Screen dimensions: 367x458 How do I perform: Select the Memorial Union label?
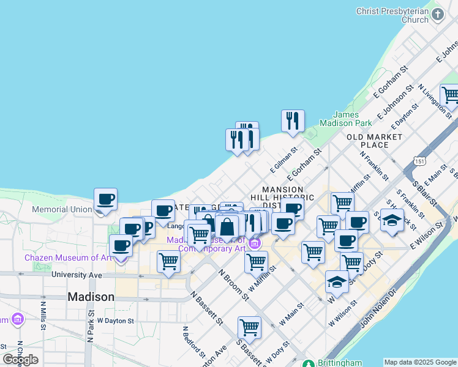pyautogui.click(x=62, y=209)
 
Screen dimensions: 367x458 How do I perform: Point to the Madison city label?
pyautogui.click(x=91, y=297)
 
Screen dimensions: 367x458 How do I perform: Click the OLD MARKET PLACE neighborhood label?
pyautogui.click(x=375, y=141)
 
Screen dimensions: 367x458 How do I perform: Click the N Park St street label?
pyautogui.click(x=90, y=330)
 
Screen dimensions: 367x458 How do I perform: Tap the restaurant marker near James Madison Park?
pyautogui.click(x=293, y=120)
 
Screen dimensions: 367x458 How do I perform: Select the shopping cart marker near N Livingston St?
pyautogui.click(x=450, y=95)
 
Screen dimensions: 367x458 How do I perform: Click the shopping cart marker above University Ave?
pyautogui.click(x=168, y=261)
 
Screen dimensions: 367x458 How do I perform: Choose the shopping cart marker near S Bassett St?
pyautogui.click(x=249, y=327)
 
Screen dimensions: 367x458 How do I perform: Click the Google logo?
pyautogui.click(x=21, y=359)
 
